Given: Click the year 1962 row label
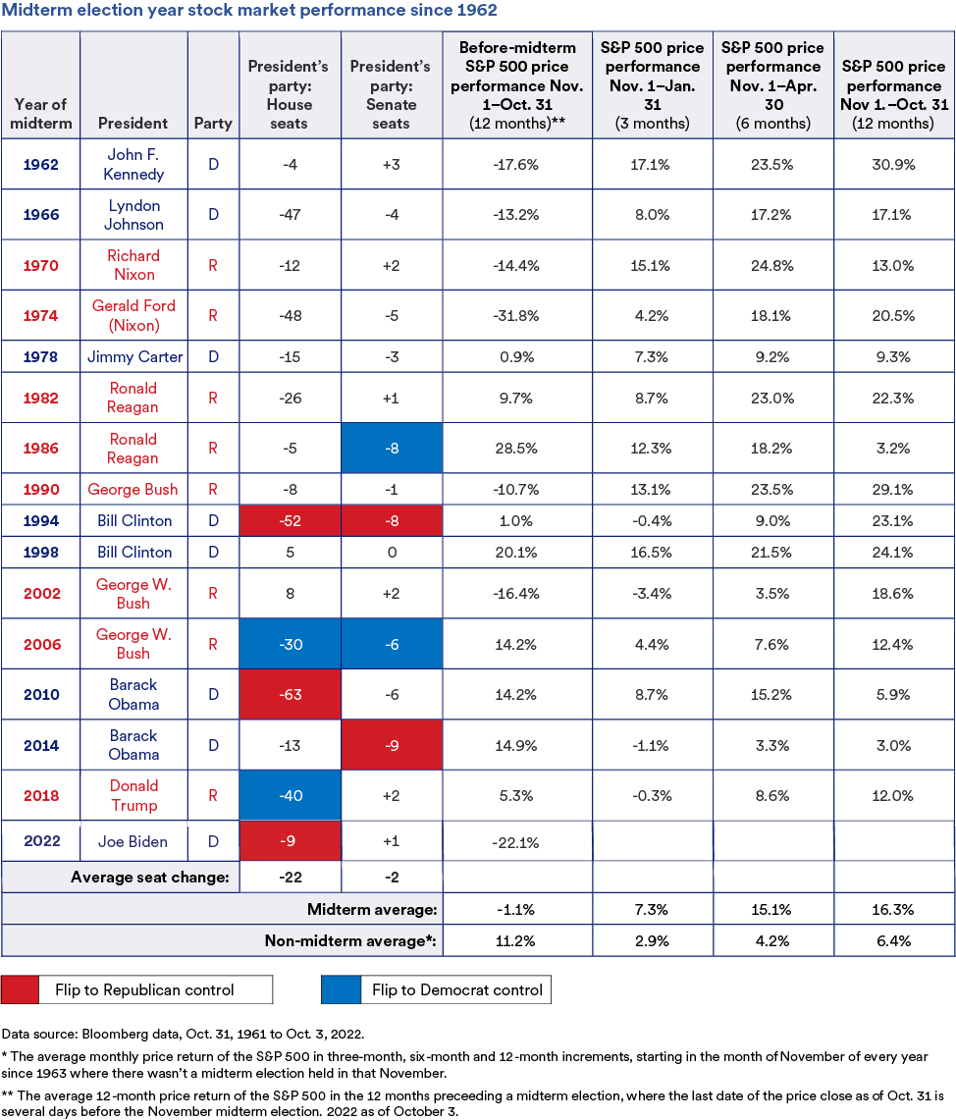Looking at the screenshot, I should tap(40, 164).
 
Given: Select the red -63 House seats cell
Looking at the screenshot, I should tap(289, 695).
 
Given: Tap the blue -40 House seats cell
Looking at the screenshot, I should tap(289, 795).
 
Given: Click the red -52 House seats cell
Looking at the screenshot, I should tap(289, 520).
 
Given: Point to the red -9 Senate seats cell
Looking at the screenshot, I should tap(391, 745).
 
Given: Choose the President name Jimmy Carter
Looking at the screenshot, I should tap(133, 356).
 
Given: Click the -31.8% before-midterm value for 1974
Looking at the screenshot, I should tap(516, 315).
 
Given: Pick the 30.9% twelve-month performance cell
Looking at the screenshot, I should tap(892, 164).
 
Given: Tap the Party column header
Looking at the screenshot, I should tap(213, 124).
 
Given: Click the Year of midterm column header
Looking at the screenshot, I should tap(40, 114).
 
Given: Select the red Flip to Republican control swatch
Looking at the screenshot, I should tap(21, 989).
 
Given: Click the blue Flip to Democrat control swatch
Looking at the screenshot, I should tap(340, 989).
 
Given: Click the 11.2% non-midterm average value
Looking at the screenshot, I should tap(516, 940).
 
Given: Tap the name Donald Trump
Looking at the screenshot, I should tap(133, 795).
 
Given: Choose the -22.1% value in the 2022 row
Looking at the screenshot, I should tap(516, 841).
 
